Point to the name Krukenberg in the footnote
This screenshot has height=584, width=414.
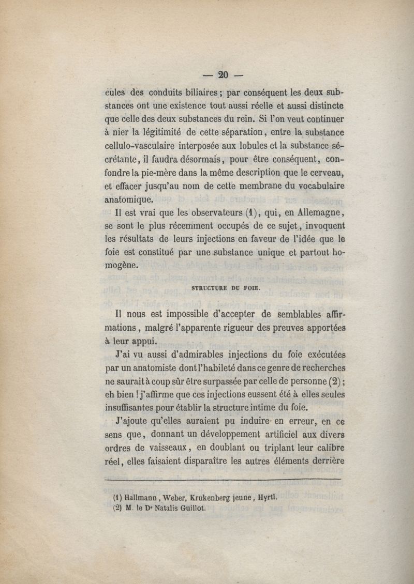[x=219, y=498]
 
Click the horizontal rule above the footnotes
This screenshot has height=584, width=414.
[x=223, y=480]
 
